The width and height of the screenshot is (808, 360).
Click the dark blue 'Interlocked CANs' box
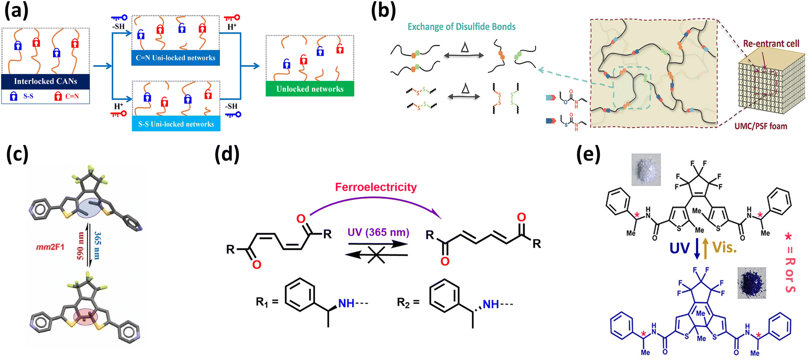click(x=46, y=81)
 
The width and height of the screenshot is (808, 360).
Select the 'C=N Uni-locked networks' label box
click(x=176, y=58)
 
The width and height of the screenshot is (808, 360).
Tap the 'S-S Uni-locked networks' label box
click(x=176, y=124)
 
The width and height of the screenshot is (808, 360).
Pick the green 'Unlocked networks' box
click(x=310, y=89)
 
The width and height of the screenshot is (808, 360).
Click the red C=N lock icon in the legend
click(x=58, y=96)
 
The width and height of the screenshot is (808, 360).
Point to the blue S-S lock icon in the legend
click(x=14, y=96)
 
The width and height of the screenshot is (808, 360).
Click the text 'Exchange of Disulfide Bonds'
click(x=461, y=27)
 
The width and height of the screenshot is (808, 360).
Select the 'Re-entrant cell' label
click(x=771, y=43)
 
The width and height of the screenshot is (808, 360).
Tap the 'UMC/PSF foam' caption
click(x=761, y=126)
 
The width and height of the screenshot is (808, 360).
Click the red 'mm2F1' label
click(x=50, y=247)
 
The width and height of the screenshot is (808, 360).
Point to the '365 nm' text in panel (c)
click(x=98, y=245)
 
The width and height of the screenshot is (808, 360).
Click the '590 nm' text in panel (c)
click(x=80, y=245)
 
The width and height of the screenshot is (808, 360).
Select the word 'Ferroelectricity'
click(x=376, y=187)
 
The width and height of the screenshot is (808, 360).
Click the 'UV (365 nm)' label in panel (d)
click(x=378, y=232)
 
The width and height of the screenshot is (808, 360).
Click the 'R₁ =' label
click(x=267, y=302)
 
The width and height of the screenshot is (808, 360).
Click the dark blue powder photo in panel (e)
click(x=751, y=283)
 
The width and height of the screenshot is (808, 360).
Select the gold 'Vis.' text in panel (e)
click(x=724, y=248)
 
